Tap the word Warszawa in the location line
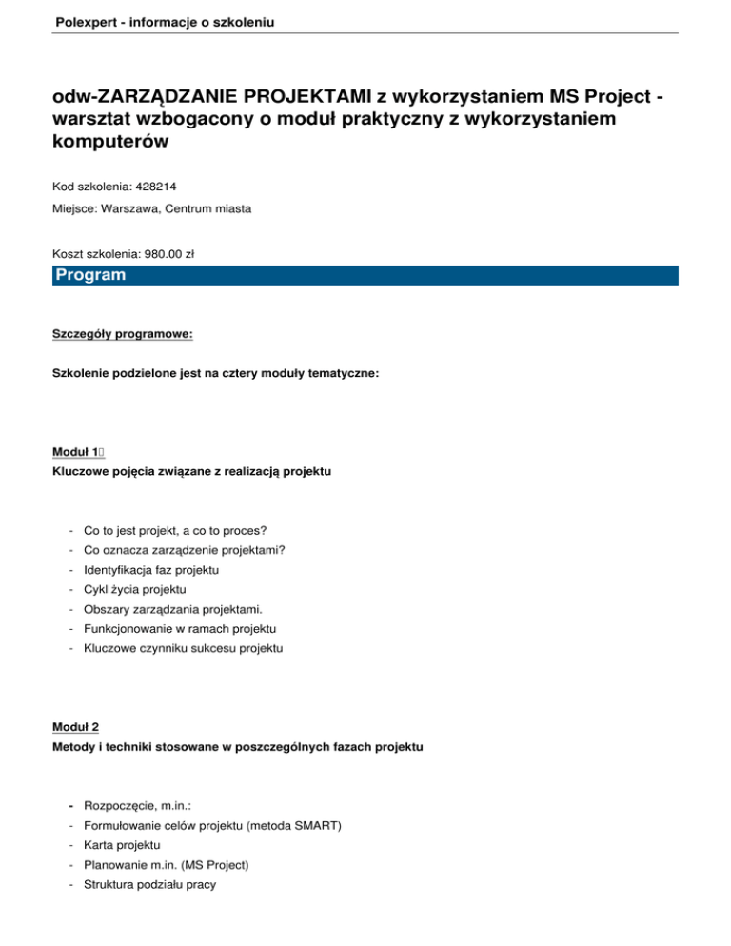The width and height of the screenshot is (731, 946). coord(125,208)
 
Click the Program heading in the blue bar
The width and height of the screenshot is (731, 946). coord(90,276)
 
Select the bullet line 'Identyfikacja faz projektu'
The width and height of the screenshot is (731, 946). coord(151,570)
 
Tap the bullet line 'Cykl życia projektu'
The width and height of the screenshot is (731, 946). coord(134,590)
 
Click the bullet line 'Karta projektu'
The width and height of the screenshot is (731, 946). coord(122,845)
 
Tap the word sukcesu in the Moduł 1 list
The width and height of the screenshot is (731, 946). coord(214,648)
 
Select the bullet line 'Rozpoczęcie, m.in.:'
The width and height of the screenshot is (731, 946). coord(137,805)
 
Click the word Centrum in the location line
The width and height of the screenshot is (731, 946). coord(190,208)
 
